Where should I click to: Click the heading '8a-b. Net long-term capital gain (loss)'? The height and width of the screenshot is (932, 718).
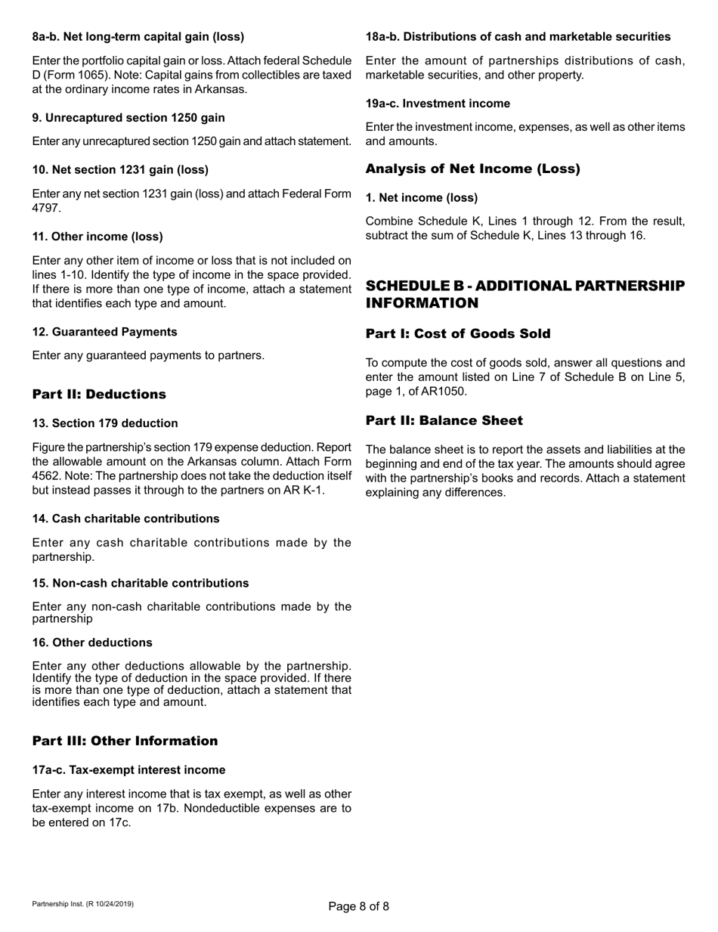[138, 36]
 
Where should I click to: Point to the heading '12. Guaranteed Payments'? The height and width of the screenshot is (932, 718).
[105, 332]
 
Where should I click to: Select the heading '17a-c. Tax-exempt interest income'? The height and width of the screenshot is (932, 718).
[128, 770]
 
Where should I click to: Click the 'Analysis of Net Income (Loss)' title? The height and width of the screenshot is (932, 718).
[472, 169]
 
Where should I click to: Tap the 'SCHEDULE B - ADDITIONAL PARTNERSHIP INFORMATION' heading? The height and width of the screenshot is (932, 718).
[525, 294]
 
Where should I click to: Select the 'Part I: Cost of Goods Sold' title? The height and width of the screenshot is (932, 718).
[458, 333]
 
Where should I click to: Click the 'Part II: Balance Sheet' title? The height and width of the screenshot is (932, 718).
[444, 420]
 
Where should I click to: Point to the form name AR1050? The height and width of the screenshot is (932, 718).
[442, 390]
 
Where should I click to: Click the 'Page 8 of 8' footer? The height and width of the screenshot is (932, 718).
[359, 906]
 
